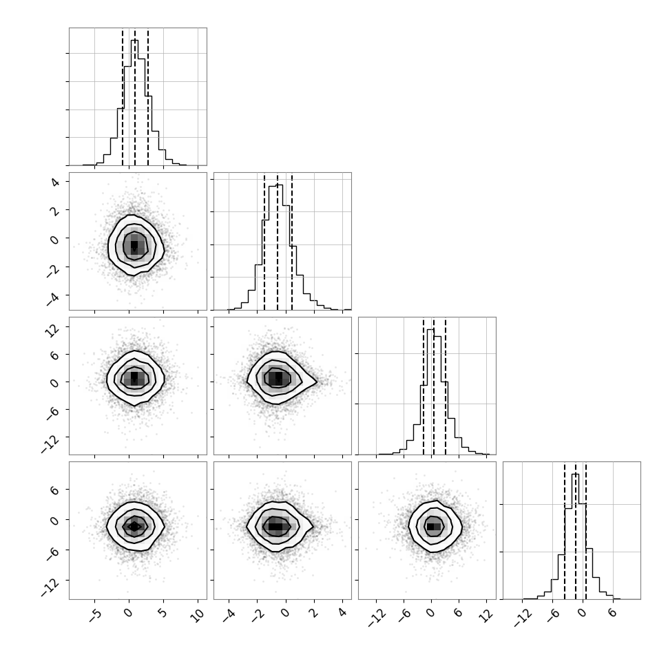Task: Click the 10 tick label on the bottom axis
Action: tap(198, 615)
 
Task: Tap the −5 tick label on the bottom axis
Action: tap(96, 615)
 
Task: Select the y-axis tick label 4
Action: tap(55, 182)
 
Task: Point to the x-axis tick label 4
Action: tap(342, 613)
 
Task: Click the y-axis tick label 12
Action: tap(53, 329)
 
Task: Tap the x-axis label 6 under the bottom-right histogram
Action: tap(612, 613)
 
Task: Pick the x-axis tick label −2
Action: tap(258, 615)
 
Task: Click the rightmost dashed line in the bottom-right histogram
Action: tap(586, 530)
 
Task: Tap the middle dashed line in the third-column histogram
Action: tap(434, 386)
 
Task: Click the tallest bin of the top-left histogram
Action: tap(134, 102)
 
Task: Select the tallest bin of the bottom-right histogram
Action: tap(575, 536)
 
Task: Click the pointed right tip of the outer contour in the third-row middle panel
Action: tap(317, 382)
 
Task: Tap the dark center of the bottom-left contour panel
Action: tap(134, 527)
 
